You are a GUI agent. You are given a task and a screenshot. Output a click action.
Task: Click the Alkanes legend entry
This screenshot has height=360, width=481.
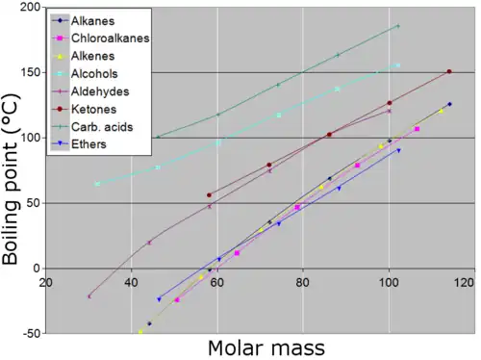(x=92, y=21)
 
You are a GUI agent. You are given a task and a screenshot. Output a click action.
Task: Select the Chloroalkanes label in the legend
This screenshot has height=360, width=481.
(x=111, y=39)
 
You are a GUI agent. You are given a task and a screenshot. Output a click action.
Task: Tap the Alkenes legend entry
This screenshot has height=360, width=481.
(x=92, y=56)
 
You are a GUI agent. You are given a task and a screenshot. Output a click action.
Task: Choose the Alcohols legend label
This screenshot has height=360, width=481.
(x=94, y=74)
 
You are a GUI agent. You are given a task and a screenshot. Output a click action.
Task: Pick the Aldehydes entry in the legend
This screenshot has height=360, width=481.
(x=100, y=91)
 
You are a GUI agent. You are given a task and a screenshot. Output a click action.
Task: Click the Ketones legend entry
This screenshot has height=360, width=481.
(x=93, y=110)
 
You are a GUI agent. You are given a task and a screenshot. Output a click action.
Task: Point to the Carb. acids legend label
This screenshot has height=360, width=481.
(x=102, y=127)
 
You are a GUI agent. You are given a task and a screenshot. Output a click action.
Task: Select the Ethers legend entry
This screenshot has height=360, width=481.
(x=89, y=144)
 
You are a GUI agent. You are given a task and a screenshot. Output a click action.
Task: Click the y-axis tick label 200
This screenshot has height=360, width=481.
(x=30, y=7)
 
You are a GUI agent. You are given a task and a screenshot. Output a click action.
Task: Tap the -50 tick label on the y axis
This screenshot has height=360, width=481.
(x=32, y=333)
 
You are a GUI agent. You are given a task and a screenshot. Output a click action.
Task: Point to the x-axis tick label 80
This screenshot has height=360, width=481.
(x=302, y=283)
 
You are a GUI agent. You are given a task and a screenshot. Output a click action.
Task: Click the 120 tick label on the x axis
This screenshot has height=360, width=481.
(x=464, y=283)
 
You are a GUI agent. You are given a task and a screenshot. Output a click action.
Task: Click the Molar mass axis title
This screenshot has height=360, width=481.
(x=266, y=348)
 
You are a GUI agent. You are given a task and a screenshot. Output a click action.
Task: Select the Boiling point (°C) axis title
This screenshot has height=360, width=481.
(x=11, y=179)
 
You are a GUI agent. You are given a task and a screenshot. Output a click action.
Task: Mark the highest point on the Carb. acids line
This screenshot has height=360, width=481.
(x=398, y=26)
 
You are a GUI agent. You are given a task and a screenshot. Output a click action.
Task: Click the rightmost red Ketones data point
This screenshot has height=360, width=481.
(x=449, y=71)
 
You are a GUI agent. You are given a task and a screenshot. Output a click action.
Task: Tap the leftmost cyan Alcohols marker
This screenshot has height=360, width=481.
(x=97, y=184)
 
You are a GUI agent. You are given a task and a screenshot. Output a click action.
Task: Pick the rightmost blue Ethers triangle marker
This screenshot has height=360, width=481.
(x=398, y=150)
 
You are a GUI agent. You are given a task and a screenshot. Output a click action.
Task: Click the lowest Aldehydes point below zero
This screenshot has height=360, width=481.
(x=89, y=296)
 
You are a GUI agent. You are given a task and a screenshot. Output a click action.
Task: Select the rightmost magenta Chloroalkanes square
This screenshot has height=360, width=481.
(x=418, y=129)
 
